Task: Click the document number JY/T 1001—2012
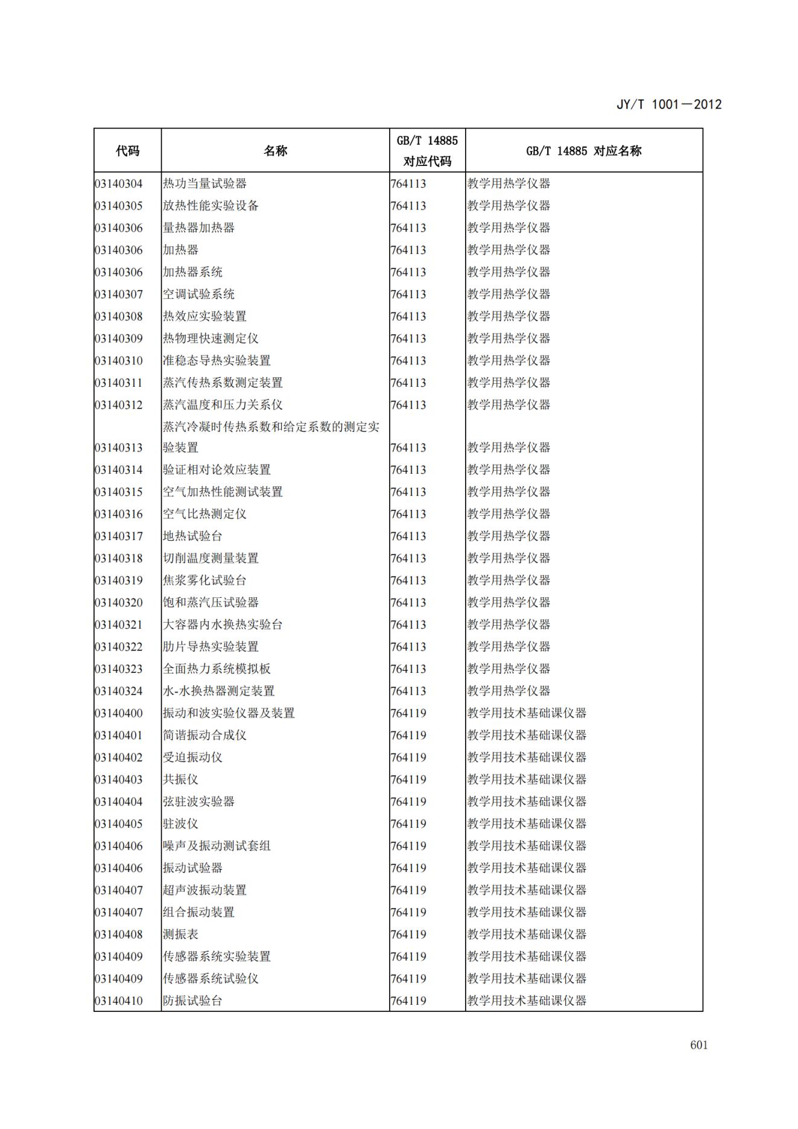click(668, 104)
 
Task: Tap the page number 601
click(698, 1045)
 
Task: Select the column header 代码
click(127, 151)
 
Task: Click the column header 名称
click(275, 151)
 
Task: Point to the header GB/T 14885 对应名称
click(583, 151)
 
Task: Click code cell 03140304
click(119, 183)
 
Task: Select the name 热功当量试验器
click(204, 183)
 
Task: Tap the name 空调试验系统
click(198, 294)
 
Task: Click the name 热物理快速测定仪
click(211, 339)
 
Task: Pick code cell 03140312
click(119, 405)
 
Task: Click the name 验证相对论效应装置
click(217, 469)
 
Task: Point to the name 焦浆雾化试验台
click(204, 580)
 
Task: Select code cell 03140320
click(119, 602)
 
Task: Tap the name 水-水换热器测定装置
click(218, 691)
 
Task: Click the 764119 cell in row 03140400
click(408, 713)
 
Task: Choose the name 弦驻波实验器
click(198, 801)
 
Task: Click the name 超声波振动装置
click(204, 890)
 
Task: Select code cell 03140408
click(119, 934)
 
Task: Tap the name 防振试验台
click(192, 1000)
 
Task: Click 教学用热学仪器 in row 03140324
click(508, 691)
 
